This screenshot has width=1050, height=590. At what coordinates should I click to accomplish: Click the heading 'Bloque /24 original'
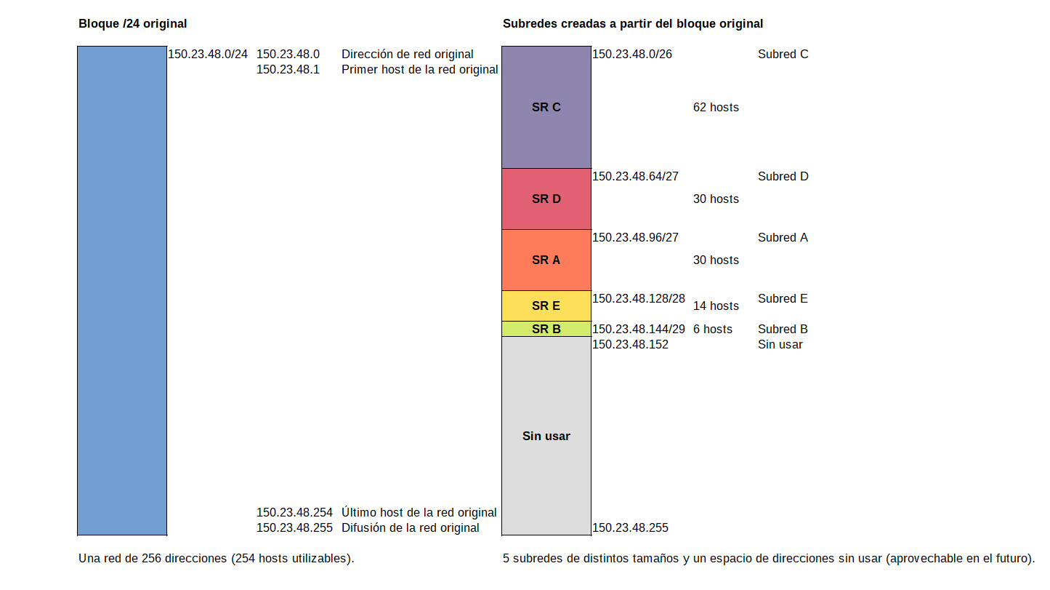point(132,23)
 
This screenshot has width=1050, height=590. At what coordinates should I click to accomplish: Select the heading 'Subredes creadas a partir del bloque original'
point(632,23)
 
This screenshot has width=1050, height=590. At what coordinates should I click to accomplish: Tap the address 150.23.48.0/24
point(208,54)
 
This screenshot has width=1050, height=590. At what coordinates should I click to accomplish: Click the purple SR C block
point(546,107)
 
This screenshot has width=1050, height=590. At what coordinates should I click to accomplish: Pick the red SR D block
point(546,199)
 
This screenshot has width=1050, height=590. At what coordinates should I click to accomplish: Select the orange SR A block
point(546,260)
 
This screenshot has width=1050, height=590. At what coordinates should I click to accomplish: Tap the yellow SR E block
point(546,306)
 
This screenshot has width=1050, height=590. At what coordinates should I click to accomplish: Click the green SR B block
point(546,329)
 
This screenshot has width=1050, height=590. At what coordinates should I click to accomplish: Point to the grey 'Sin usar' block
point(546,436)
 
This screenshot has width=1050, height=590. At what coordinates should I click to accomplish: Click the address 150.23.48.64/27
point(635,176)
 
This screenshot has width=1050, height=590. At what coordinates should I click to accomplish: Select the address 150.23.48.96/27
point(635,237)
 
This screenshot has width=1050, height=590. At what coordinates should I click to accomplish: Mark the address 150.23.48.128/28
point(638,298)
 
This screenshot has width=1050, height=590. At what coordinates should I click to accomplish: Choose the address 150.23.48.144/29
point(638,329)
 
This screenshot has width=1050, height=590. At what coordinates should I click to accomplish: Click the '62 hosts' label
point(716,107)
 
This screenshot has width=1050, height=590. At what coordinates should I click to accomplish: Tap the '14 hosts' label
point(716,306)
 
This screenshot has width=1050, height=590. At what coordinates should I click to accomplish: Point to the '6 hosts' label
point(712,329)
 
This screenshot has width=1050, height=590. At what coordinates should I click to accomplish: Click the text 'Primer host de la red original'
point(419,69)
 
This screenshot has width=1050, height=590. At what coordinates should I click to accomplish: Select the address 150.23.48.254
point(294,512)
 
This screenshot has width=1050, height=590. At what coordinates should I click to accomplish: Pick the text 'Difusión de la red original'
point(410,527)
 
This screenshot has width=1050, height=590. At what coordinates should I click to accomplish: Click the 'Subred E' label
point(783,298)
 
